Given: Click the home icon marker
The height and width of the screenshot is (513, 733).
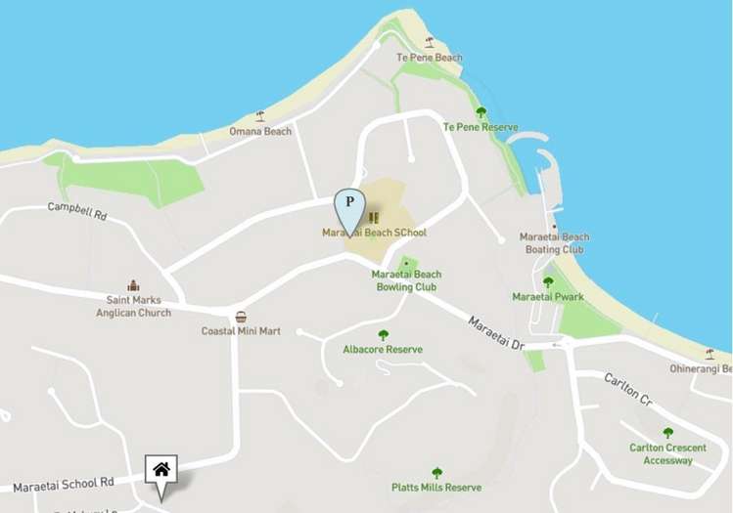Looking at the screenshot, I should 161,470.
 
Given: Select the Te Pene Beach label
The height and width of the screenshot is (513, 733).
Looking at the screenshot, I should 429,58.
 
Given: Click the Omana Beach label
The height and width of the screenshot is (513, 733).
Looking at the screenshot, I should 260,131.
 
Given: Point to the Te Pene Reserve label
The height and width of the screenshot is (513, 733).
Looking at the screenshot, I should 480,127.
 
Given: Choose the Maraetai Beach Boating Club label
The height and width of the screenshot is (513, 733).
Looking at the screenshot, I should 554,243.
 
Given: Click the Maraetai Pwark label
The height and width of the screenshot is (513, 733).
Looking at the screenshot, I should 548,296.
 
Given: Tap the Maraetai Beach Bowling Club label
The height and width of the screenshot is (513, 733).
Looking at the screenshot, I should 406,281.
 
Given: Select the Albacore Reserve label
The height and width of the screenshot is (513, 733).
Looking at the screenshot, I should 383,349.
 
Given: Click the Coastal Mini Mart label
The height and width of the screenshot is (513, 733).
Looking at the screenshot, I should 241,331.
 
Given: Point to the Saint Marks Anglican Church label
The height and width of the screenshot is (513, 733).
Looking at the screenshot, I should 133,306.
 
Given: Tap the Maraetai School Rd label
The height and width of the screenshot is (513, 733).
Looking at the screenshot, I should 64,483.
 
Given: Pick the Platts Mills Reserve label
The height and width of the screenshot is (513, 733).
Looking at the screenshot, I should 436,488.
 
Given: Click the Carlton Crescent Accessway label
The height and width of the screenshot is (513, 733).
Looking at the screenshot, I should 668,454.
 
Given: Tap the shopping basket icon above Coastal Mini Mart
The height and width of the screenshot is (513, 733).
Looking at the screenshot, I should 241,317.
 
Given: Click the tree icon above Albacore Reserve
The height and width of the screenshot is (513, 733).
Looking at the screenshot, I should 383,334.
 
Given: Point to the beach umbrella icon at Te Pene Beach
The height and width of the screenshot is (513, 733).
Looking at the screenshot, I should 429,42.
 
